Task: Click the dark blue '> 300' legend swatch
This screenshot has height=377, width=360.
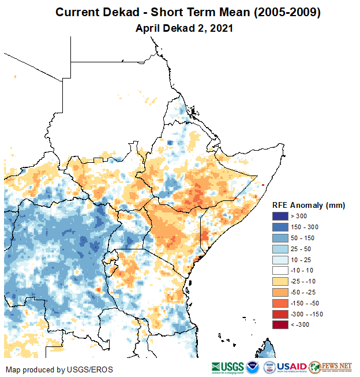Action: [x=281, y=217]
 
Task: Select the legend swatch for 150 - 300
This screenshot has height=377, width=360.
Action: [x=281, y=226]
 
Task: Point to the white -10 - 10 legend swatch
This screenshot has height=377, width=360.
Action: [x=281, y=270]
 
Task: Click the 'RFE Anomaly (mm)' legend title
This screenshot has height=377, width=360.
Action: [x=309, y=206]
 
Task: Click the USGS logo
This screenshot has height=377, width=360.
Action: [x=228, y=367]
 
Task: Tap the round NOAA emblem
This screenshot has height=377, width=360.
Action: [x=253, y=367]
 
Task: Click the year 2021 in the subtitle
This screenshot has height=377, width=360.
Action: [x=221, y=28]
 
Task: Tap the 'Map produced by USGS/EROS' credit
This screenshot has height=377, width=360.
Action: [x=59, y=369]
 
